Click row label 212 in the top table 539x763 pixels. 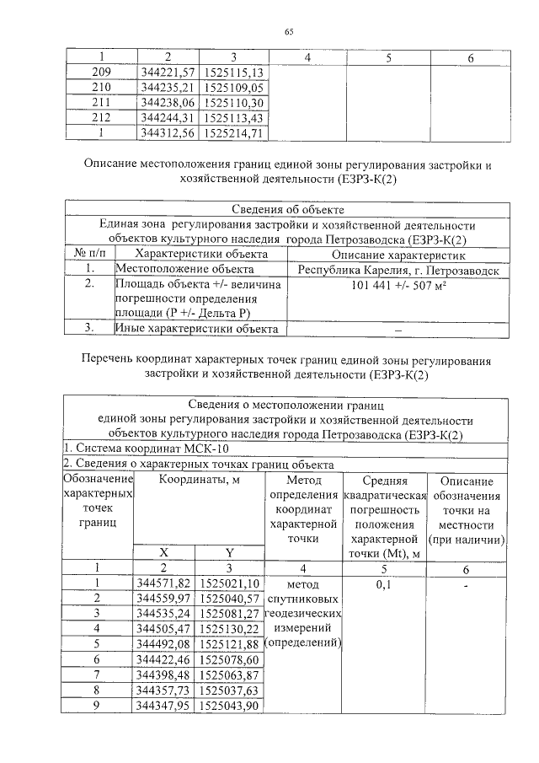(x=101, y=117)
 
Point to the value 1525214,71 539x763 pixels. (x=233, y=132)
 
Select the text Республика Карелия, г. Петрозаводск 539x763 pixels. (x=398, y=271)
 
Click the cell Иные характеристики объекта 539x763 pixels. (x=198, y=328)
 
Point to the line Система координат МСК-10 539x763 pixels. (x=146, y=449)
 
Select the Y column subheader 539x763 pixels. (x=229, y=553)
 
